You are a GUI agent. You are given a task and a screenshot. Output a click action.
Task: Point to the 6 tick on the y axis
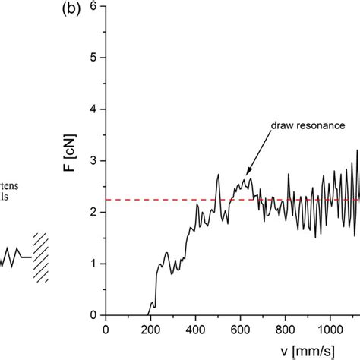click(x=93, y=6)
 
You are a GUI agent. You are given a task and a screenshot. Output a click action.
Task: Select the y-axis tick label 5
click(x=93, y=58)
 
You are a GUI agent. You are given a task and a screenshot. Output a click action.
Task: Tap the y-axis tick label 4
click(x=93, y=109)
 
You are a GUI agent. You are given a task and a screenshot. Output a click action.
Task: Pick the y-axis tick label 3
click(x=93, y=161)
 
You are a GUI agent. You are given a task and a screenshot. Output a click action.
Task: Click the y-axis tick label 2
click(x=93, y=213)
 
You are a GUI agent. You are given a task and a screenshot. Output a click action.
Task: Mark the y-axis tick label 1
click(x=93, y=264)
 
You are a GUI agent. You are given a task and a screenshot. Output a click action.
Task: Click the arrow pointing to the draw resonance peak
click(x=258, y=163)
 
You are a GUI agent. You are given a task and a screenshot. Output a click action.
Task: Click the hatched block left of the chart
click(x=39, y=257)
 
